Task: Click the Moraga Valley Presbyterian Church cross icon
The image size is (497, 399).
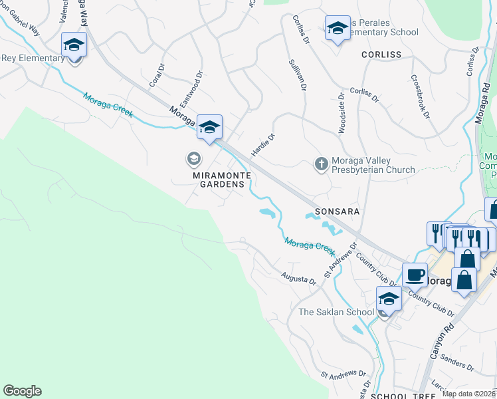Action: tap(321, 164)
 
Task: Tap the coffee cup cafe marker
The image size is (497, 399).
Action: tap(415, 274)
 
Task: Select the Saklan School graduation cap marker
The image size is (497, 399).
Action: tap(389, 299)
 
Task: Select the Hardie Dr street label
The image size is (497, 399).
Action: tap(263, 144)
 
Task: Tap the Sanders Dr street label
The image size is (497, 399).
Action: tap(456, 362)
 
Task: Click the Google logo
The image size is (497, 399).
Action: tap(22, 391)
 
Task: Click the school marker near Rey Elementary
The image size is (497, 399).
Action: tap(74, 45)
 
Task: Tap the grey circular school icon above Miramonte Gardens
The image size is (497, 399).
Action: tap(193, 158)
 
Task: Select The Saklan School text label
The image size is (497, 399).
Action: tap(336, 312)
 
